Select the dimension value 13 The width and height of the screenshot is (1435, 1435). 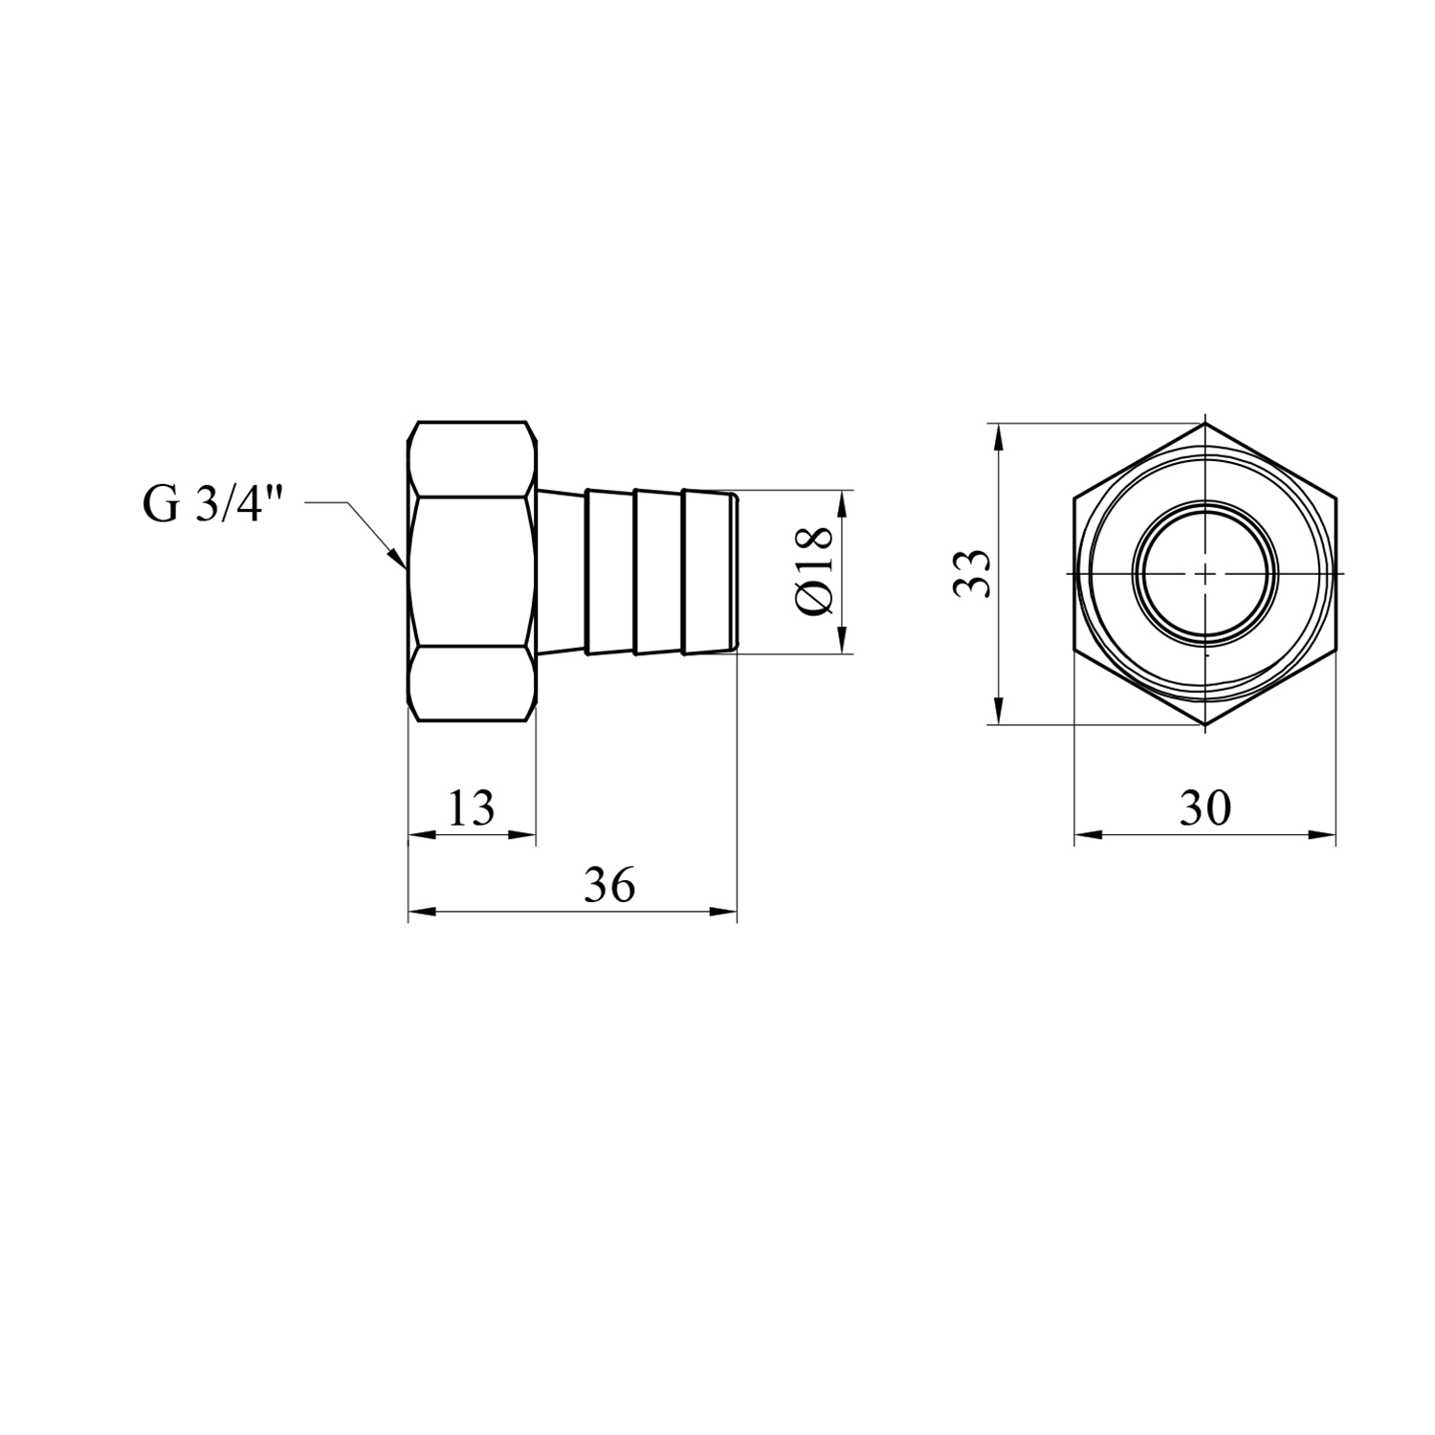click(472, 809)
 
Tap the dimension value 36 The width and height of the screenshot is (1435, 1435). click(609, 886)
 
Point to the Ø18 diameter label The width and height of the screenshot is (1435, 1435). click(817, 572)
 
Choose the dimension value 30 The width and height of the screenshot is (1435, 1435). click(1204, 809)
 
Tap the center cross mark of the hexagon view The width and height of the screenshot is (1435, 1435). click(1204, 573)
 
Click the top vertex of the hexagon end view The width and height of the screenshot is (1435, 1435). click(1204, 423)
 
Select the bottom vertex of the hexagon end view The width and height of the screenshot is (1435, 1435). click(1204, 724)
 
